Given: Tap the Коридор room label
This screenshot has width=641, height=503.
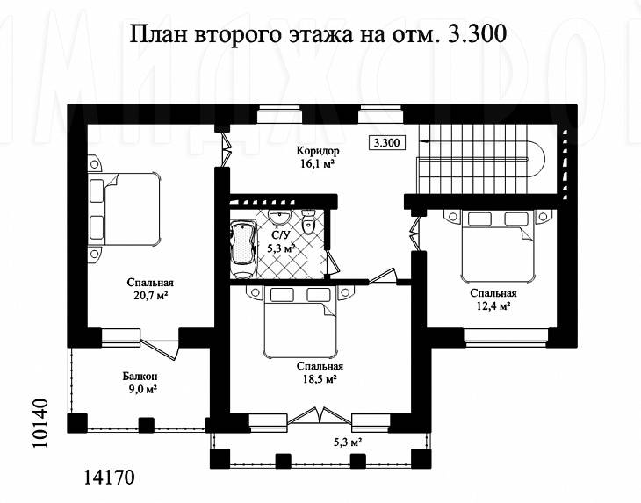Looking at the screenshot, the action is (x=318, y=151).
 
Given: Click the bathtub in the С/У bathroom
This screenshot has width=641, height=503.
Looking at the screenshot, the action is (x=242, y=248).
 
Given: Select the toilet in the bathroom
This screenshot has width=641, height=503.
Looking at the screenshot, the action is (x=307, y=222).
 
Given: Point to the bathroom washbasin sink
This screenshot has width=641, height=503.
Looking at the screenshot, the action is (x=279, y=218).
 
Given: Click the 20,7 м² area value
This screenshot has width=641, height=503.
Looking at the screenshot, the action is (x=150, y=296).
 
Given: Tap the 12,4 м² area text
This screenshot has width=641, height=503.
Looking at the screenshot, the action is (x=493, y=306).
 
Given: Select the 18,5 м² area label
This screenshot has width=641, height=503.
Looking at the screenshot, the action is (x=320, y=378).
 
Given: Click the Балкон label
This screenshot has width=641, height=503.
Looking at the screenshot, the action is (x=140, y=376).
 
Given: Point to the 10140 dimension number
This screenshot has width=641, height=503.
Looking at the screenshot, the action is (x=40, y=422).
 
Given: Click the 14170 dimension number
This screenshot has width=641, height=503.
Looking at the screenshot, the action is (x=109, y=477).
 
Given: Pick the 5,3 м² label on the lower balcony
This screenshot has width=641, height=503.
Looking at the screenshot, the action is (x=348, y=442).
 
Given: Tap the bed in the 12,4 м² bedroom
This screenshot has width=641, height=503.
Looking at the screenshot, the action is (x=498, y=246).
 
